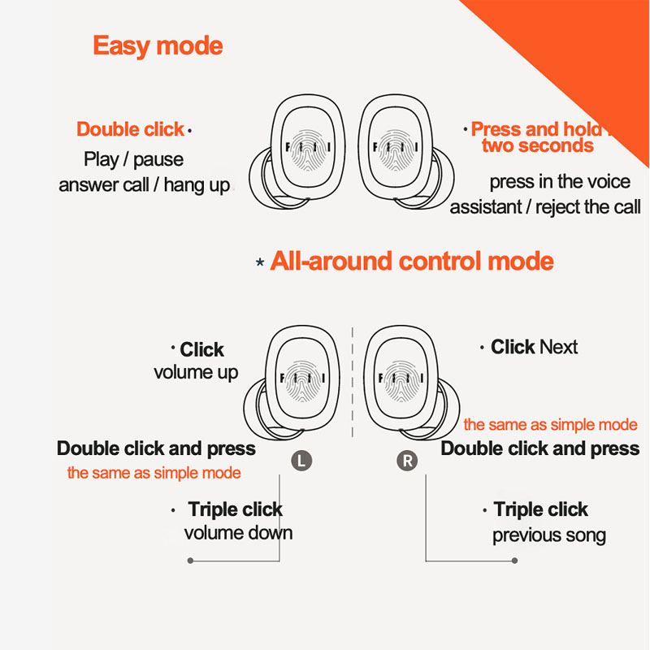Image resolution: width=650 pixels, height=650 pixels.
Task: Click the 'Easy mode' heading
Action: point(158,45)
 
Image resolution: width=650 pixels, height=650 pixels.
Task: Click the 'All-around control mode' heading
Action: point(412,262)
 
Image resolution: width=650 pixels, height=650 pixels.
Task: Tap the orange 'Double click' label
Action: point(131,129)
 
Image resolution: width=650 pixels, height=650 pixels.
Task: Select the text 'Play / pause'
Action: point(133,159)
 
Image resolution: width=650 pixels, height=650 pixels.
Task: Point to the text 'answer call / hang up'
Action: point(144,185)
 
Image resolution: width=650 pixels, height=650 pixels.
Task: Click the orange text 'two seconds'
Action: point(537,146)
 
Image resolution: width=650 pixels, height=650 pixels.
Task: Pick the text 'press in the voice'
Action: point(560,181)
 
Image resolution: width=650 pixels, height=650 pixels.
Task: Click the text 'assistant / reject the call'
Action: point(545,207)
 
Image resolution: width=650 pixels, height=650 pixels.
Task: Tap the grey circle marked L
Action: point(301,461)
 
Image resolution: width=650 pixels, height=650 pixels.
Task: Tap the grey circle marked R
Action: point(407,461)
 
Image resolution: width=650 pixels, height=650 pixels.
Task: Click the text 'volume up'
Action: point(196,373)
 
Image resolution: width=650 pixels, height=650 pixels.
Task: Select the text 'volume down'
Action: point(238,534)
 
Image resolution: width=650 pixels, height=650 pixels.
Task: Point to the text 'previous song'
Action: point(548,535)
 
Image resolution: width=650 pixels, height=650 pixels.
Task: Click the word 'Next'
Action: point(558,348)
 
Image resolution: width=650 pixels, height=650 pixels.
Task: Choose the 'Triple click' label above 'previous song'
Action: point(540,510)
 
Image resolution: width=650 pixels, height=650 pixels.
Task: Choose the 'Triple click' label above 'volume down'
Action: point(235,510)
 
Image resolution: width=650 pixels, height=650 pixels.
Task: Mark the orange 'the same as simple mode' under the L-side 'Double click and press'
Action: point(154,473)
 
